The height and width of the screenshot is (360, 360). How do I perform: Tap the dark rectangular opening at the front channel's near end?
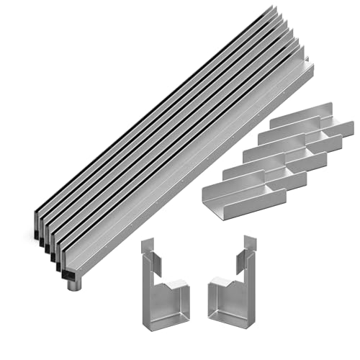pyautogui.click(x=67, y=273)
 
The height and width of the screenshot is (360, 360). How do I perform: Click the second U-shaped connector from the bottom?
pyautogui.click(x=256, y=173)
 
